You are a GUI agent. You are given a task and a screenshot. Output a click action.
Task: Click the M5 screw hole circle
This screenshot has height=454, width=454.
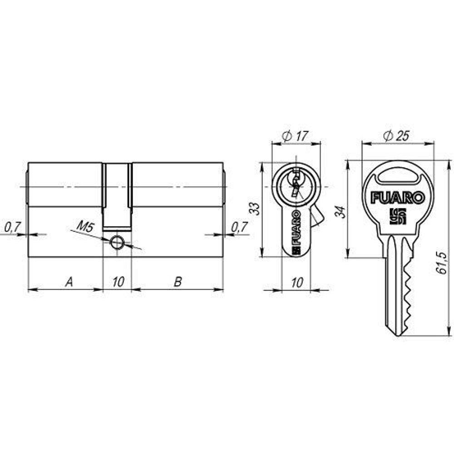[117, 242]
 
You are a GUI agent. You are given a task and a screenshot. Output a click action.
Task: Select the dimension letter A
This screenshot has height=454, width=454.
[69, 281]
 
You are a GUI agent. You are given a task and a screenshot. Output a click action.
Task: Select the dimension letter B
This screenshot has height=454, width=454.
[178, 281]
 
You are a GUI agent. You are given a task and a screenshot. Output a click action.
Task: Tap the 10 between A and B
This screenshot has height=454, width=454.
[118, 281]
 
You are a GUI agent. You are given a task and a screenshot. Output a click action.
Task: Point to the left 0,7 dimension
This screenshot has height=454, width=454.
[13, 227]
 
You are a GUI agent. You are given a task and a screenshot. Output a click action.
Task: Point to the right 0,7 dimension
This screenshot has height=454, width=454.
[239, 227]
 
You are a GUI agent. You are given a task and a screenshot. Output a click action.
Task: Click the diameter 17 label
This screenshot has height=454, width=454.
[296, 136]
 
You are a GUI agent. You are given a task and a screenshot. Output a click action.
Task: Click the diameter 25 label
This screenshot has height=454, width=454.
[396, 136]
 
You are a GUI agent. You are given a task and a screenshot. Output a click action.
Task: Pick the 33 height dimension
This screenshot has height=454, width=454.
[255, 208]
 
